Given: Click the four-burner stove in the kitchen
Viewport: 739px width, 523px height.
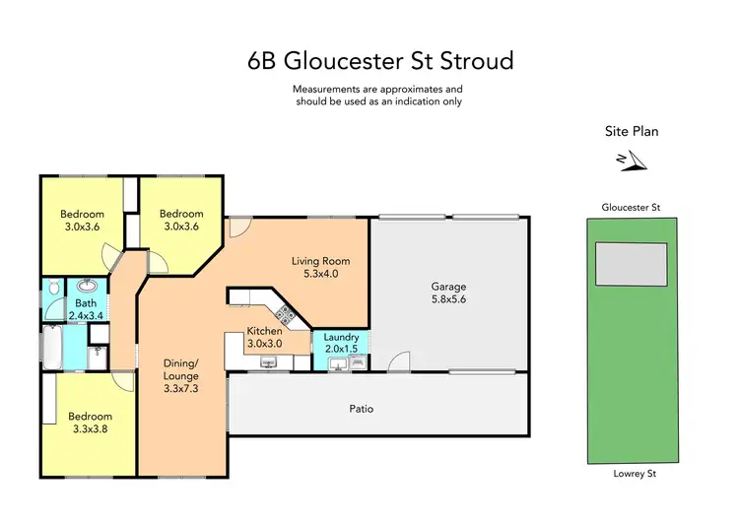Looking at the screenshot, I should [x=287, y=314].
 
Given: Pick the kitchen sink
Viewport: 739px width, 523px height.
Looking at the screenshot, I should [x=268, y=362].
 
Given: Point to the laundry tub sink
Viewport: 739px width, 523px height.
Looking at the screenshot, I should [x=338, y=362].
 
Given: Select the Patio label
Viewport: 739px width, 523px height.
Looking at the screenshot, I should [x=361, y=409].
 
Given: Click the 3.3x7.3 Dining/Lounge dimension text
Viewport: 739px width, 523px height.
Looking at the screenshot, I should [x=180, y=389].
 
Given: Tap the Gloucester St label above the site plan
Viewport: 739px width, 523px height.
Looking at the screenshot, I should [x=630, y=208].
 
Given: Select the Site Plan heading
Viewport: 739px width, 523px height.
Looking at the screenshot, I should [x=631, y=131].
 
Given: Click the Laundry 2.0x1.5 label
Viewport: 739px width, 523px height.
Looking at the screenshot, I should [x=341, y=342].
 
